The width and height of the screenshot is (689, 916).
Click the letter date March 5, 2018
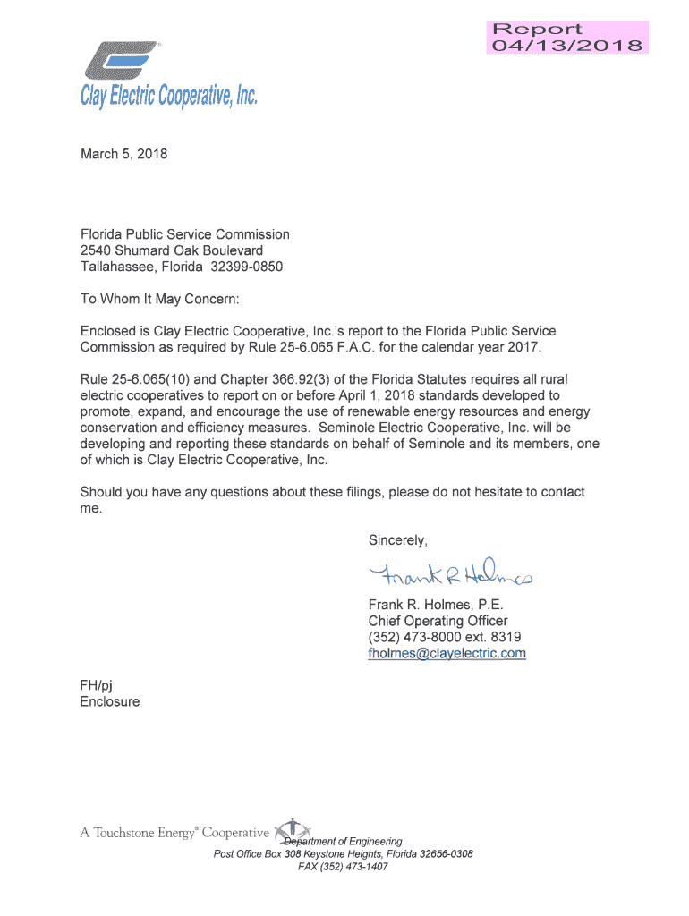123,154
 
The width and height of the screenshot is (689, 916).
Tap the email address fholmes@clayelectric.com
447,654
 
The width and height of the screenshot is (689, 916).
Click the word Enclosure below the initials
110,702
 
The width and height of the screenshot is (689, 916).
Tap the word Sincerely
398,540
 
